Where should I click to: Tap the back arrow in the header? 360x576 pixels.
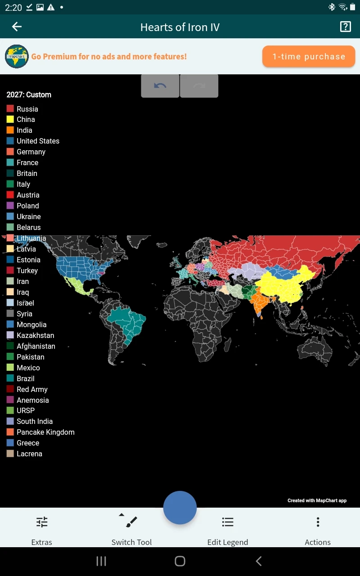click(x=17, y=27)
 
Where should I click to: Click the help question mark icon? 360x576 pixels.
click(x=345, y=27)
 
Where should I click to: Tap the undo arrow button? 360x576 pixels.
click(x=160, y=86)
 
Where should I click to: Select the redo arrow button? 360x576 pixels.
click(x=199, y=86)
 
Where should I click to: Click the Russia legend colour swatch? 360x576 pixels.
click(x=10, y=109)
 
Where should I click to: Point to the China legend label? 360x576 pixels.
click(x=26, y=120)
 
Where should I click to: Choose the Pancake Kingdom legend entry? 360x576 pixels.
click(x=45, y=432)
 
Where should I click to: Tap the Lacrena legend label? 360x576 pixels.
click(x=29, y=454)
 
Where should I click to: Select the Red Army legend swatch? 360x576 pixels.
click(x=10, y=389)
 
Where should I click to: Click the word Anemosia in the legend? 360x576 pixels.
click(x=33, y=400)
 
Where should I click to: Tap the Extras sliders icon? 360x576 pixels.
click(x=42, y=522)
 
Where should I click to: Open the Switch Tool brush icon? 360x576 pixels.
click(x=131, y=522)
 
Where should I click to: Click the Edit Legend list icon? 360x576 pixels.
click(x=228, y=522)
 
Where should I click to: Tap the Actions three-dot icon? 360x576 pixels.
click(x=318, y=522)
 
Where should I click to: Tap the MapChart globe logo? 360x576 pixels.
click(x=17, y=57)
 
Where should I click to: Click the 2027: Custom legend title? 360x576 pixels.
click(x=29, y=95)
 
